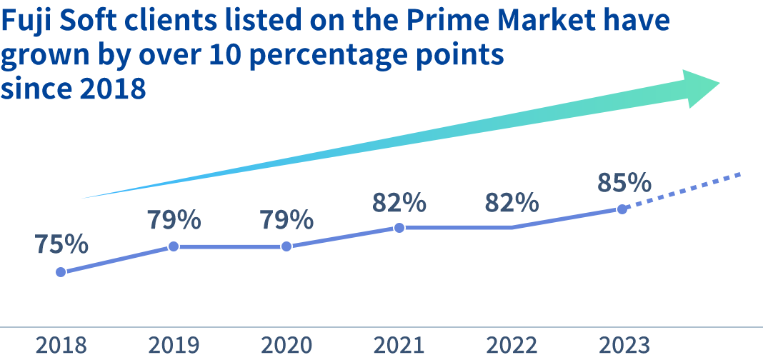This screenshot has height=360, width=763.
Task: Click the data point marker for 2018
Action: coord(61,271)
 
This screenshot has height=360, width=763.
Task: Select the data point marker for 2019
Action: coord(174,246)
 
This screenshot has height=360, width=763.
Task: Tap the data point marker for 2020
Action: coord(286,246)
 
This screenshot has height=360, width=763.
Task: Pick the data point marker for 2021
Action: coord(399,228)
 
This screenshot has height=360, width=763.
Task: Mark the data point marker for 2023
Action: coord(622,209)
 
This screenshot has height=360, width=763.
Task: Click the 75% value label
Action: coord(61,244)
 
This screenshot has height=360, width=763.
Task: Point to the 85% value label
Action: coord(624,183)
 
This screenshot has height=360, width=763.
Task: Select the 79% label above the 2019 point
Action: coord(174,220)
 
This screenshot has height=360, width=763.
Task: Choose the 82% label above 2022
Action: coord(512,202)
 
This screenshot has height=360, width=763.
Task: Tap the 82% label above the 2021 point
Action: coord(399,202)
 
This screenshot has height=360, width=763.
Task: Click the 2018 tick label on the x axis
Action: coord(61,346)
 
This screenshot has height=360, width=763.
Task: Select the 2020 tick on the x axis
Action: coord(286,346)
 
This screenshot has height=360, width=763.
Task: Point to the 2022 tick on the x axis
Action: coord(512,346)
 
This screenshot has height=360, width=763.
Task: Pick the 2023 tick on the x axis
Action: coord(624,346)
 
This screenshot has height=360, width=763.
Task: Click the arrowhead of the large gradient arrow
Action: coord(700,87)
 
